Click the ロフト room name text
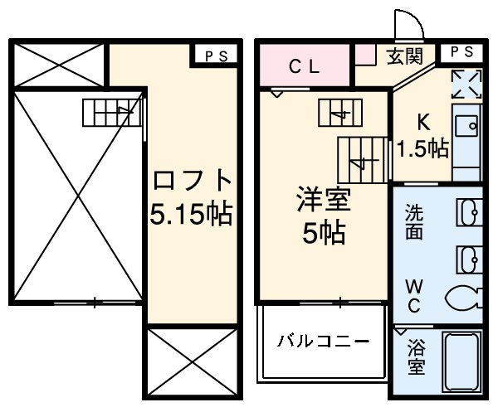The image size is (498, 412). [x=189, y=181]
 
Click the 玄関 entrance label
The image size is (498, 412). [x=404, y=56]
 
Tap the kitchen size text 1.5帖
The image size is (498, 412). [x=422, y=148]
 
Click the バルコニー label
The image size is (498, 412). [x=322, y=341]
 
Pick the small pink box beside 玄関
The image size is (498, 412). [x=366, y=56]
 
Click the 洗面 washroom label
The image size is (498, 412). [x=413, y=223]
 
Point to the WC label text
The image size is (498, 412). [x=413, y=295]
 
